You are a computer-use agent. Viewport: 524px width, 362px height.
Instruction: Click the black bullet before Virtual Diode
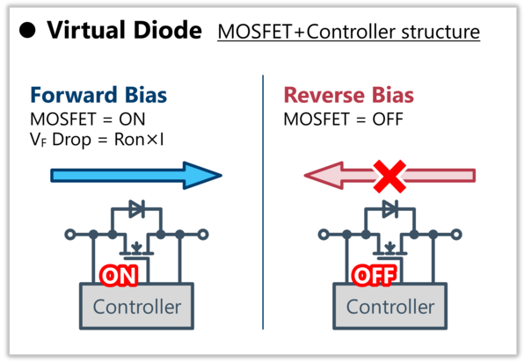click(27, 30)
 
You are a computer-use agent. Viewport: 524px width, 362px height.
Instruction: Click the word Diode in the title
click(168, 30)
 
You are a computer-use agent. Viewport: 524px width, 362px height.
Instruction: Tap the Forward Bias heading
click(98, 95)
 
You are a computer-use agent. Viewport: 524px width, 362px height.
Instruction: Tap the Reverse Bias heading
click(348, 95)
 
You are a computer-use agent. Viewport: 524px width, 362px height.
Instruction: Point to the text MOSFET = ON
click(88, 119)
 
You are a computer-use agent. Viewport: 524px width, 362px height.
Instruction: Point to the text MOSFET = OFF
click(343, 119)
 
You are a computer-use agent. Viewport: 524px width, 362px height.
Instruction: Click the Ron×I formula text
click(139, 139)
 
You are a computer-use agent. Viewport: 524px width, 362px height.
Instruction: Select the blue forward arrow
click(136, 176)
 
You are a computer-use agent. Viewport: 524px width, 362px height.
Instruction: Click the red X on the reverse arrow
click(389, 177)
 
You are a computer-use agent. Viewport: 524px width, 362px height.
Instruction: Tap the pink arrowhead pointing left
click(324, 176)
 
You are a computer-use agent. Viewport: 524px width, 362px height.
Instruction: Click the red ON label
click(119, 276)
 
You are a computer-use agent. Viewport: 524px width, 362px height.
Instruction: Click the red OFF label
click(375, 276)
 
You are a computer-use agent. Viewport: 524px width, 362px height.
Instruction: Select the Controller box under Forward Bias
click(136, 307)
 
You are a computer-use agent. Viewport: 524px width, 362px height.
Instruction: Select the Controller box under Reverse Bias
click(390, 307)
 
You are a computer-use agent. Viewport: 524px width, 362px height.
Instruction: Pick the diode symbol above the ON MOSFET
click(136, 209)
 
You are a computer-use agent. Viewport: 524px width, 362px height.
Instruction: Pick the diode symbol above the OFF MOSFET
click(390, 209)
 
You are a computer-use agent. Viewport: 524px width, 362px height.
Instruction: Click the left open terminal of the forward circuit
click(70, 235)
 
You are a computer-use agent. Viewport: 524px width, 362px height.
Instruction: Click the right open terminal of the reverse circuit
click(456, 235)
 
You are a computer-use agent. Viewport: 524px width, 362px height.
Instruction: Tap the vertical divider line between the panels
click(263, 202)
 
